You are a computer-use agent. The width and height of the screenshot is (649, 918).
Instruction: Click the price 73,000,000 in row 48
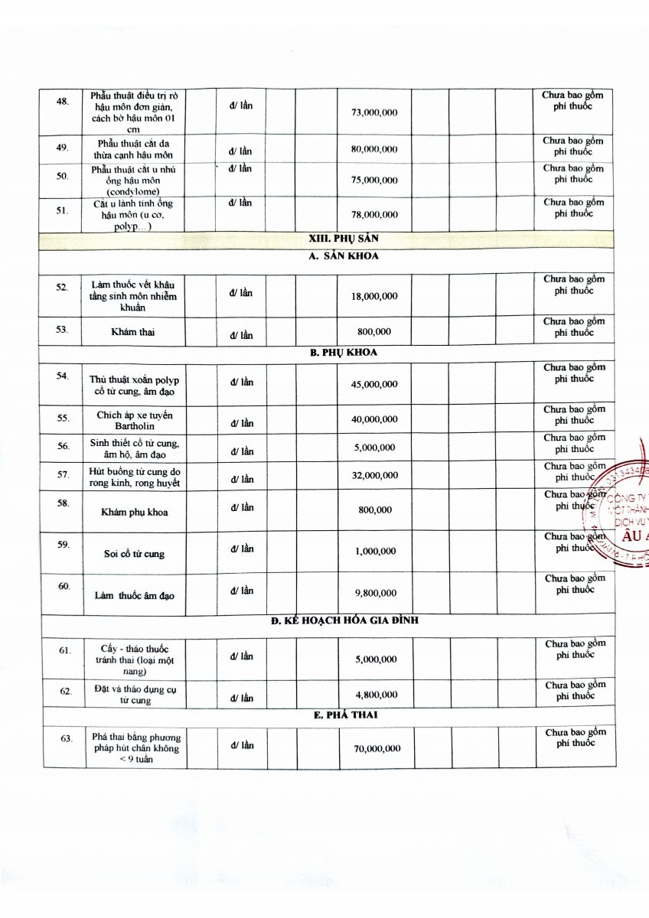pos(374,112)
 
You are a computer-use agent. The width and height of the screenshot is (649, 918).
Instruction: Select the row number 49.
pos(63,148)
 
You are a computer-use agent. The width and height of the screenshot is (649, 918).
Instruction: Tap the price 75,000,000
pos(374,181)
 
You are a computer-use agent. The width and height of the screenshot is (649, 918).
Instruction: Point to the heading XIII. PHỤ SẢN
pos(344,239)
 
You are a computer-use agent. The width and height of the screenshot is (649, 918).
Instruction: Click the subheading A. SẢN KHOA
pos(344,256)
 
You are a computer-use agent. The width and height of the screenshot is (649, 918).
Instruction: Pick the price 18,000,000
pos(374,296)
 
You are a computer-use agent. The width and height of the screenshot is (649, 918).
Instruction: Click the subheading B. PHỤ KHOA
pos(344,353)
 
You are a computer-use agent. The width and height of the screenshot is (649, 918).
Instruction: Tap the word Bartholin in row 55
pos(135,425)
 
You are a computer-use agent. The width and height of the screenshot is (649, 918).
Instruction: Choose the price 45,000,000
pos(374,384)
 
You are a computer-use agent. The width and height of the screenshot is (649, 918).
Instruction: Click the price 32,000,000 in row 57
pos(374,475)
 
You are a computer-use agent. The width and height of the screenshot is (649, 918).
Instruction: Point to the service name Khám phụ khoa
pos(135,512)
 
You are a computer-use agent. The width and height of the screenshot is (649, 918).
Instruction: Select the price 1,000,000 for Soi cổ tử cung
pos(375,552)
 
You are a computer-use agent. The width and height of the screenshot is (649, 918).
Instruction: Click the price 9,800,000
pos(375,593)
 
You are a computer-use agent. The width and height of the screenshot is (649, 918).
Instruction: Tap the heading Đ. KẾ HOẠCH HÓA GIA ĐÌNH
pos(344,620)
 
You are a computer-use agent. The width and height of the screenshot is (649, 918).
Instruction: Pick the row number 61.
pos(66,650)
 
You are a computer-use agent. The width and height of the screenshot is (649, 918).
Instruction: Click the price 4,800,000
pos(375,695)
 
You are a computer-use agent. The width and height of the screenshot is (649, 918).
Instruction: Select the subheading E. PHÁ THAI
pos(344,715)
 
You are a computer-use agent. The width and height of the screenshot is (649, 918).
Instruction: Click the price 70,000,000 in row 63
pos(377,749)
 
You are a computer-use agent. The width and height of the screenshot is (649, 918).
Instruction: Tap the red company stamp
pos(624,505)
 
